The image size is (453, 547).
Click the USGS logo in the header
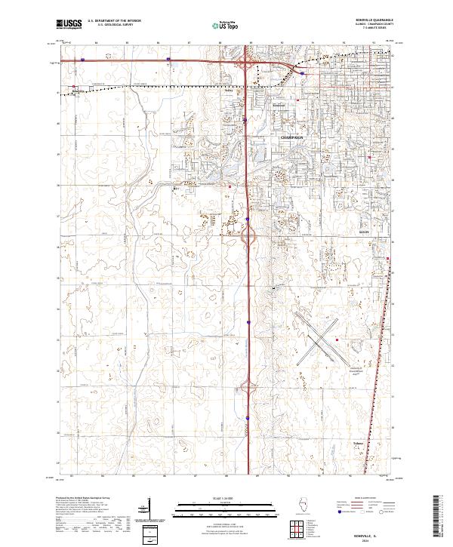tap(69, 24)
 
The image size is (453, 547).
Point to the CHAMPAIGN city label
tap(291, 138)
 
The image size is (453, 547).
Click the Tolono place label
tap(359, 444)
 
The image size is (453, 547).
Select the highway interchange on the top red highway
tap(248, 66)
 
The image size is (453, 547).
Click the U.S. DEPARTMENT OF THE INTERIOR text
tap(114, 20)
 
